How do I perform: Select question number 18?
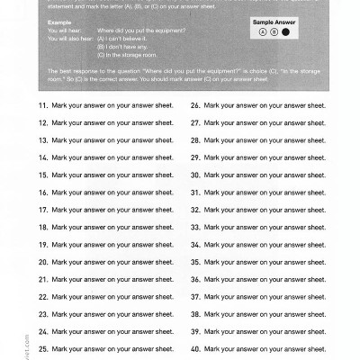(x=42, y=227)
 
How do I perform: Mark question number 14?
(x=42, y=157)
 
